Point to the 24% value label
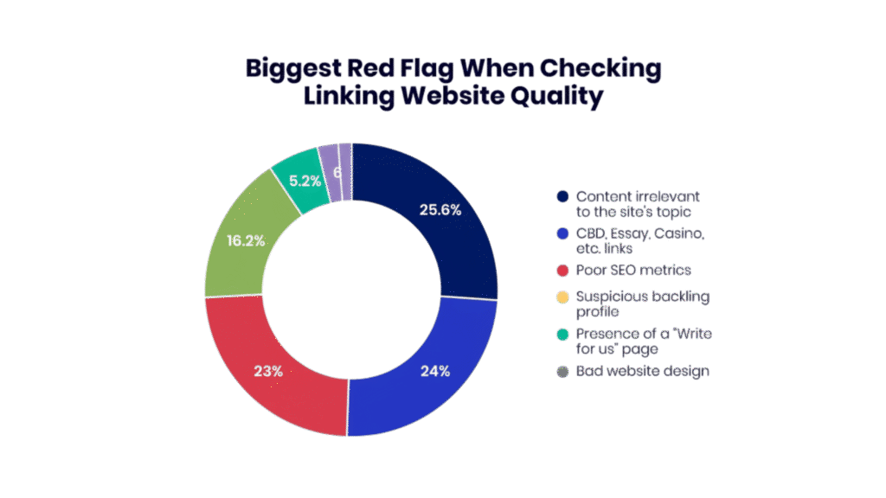pyautogui.click(x=435, y=371)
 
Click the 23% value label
pyautogui.click(x=268, y=371)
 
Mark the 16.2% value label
pyautogui.click(x=246, y=240)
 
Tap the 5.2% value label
pyautogui.click(x=305, y=181)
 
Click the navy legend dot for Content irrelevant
pyautogui.click(x=562, y=197)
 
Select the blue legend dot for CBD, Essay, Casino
pyautogui.click(x=562, y=234)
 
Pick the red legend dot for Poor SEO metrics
pyautogui.click(x=562, y=271)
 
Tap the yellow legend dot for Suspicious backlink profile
pyautogui.click(x=562, y=297)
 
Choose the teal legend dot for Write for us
pyautogui.click(x=562, y=334)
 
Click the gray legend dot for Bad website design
pyautogui.click(x=562, y=371)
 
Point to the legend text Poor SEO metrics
pyautogui.click(x=623, y=271)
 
